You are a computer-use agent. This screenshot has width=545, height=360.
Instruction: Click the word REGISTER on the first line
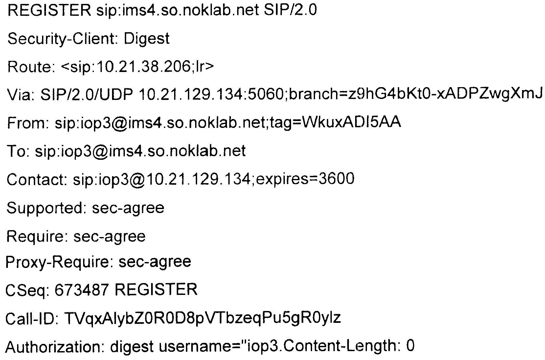tap(49, 11)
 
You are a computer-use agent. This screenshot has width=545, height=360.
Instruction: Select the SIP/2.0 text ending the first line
tap(290, 11)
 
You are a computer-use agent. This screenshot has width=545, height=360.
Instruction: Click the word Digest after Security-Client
tap(147, 39)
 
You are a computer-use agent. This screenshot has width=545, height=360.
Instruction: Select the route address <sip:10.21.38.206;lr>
tap(137, 67)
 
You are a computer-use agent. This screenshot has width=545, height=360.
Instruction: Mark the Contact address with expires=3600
tap(214, 179)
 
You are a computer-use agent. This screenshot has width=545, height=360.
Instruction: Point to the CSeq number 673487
tap(81, 290)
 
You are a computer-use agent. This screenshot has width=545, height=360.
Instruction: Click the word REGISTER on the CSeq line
tap(156, 290)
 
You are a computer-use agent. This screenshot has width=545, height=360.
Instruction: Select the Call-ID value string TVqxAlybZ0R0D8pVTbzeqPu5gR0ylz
tap(202, 318)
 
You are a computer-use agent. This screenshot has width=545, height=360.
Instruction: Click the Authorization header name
tap(54, 347)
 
